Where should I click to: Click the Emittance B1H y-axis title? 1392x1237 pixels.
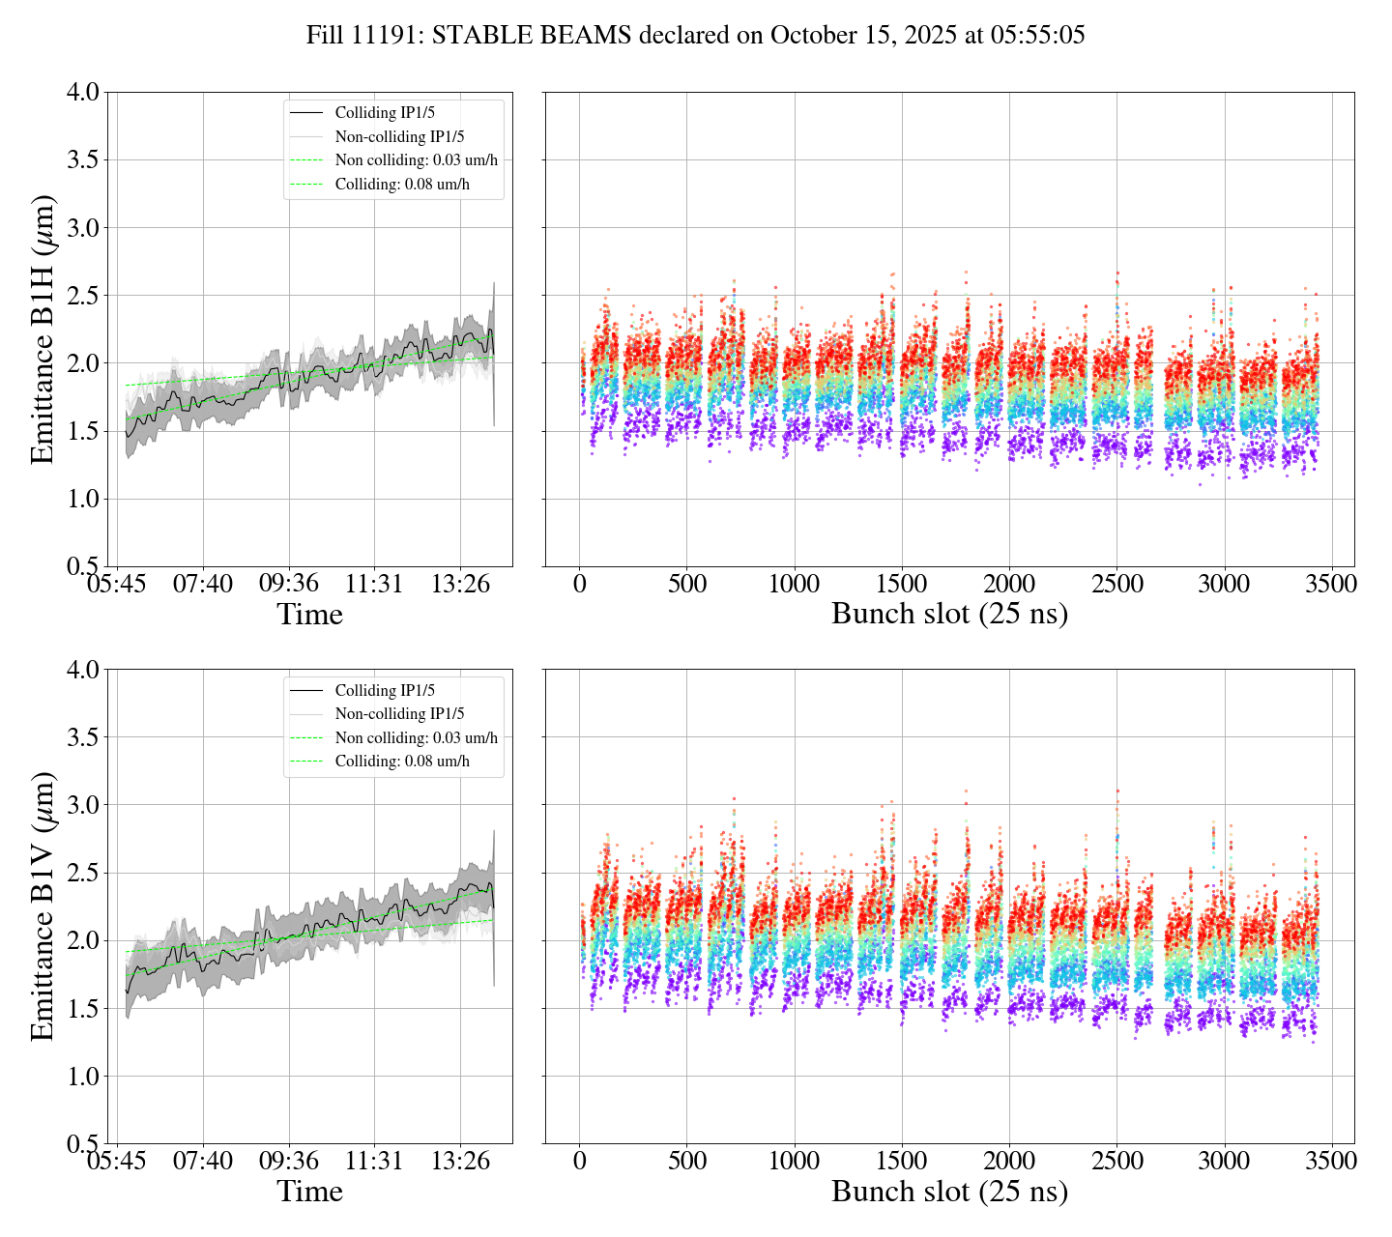[43, 330]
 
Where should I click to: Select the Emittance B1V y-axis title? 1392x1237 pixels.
[43, 906]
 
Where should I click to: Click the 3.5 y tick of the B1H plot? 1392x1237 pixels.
[82, 159]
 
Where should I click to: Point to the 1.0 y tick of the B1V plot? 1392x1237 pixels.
[82, 1077]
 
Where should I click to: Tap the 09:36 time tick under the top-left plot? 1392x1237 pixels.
[288, 584]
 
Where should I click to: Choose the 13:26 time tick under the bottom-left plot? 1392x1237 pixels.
[460, 1161]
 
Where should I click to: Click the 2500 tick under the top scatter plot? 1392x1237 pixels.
[1116, 584]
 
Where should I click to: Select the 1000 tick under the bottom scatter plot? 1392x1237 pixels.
[795, 1161]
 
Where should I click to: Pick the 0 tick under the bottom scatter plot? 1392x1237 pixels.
[580, 1161]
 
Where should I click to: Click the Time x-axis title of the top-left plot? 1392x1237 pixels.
[309, 615]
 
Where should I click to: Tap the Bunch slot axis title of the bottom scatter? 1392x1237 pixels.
[949, 1192]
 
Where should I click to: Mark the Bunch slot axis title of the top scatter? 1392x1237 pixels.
[949, 615]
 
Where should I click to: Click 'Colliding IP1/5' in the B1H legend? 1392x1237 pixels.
[385, 113]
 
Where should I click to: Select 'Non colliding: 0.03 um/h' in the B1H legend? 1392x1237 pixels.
[417, 160]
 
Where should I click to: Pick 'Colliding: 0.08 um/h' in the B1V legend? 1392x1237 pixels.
[402, 762]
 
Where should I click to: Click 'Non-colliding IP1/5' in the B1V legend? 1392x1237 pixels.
[399, 714]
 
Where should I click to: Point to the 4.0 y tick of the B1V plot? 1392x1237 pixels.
[82, 670]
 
